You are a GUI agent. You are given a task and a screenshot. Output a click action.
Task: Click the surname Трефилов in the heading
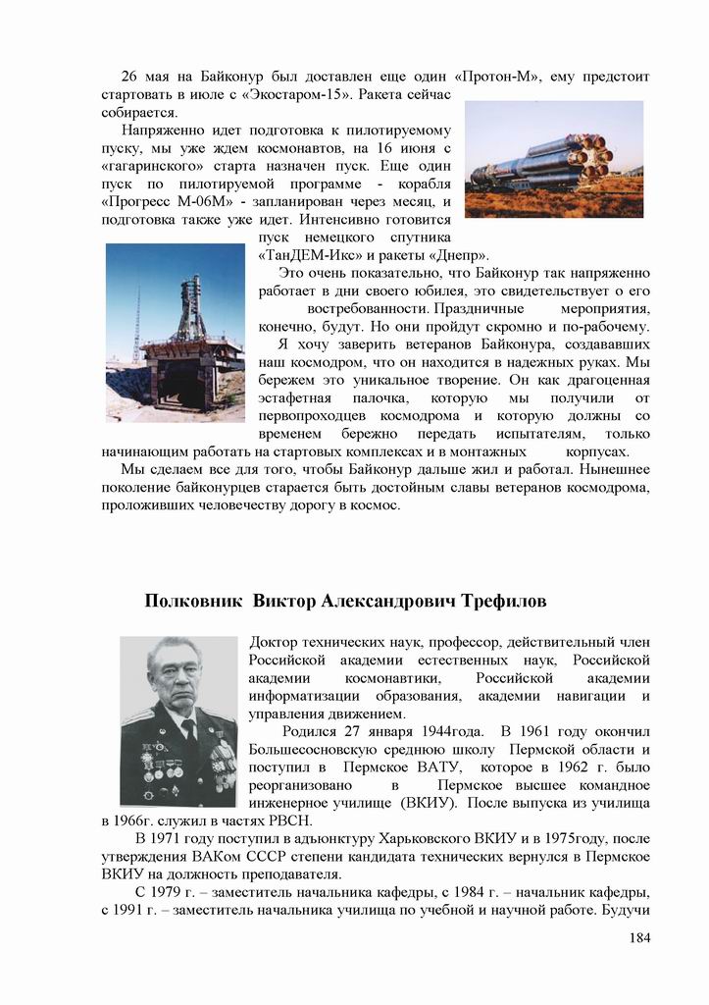pos(489,600)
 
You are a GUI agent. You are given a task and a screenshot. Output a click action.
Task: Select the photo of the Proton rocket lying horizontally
pos(554,159)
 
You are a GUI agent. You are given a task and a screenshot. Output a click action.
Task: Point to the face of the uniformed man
pos(178,678)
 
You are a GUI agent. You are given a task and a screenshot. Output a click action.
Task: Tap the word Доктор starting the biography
pos(278,643)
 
